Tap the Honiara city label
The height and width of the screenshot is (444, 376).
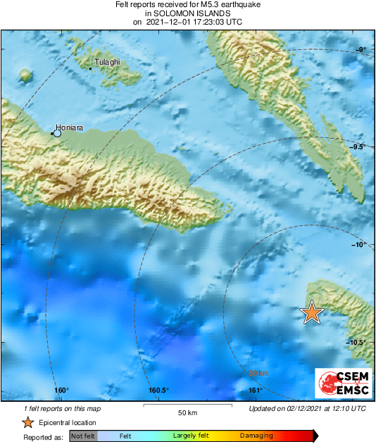point(71,128)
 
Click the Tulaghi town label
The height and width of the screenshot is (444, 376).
point(107,62)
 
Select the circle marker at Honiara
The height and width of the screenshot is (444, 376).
point(58,133)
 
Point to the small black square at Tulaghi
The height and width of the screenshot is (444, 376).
point(91,68)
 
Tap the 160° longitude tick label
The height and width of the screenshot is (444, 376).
point(61,391)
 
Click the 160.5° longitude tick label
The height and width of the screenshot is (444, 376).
point(158,391)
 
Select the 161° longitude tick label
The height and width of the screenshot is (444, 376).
point(255,391)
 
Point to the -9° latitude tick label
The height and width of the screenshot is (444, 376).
point(360,49)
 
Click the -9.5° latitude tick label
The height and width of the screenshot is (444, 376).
point(358,147)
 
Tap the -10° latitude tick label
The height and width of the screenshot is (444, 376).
point(359,245)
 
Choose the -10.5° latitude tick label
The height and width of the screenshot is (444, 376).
point(356,343)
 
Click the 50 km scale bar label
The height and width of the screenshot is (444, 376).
point(187,412)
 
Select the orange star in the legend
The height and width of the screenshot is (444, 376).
point(27,422)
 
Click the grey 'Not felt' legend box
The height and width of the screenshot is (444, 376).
point(83,436)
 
